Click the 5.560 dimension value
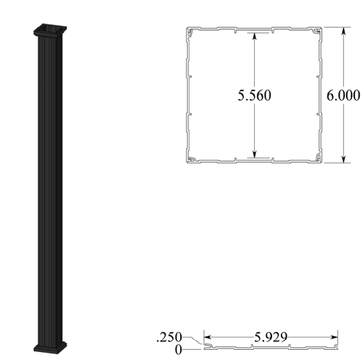[254, 96]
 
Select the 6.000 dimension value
[343, 95]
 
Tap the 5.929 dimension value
[271, 337]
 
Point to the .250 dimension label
[169, 337]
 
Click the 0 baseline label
[178, 350]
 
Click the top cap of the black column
[50, 30]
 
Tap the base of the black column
[50, 347]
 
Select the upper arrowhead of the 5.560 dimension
[255, 37]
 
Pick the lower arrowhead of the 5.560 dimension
[255, 153]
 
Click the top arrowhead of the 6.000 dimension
[343, 32]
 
